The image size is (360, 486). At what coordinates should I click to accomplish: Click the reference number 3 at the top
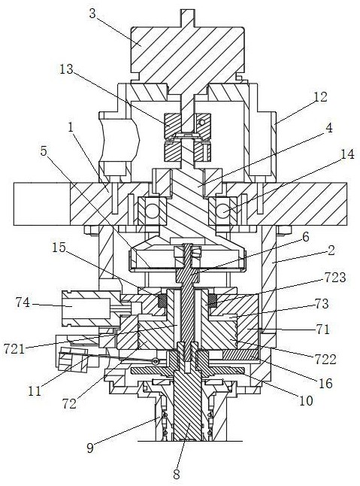tap(92, 14)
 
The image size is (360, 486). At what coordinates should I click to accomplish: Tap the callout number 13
tap(66, 69)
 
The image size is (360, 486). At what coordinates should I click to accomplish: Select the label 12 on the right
tap(320, 97)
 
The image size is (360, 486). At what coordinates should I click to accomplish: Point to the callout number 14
tap(347, 154)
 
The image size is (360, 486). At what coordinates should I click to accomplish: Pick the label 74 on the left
tap(23, 302)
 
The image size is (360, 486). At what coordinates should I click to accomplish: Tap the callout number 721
tap(14, 349)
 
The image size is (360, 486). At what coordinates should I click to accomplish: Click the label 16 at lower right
tap(325, 384)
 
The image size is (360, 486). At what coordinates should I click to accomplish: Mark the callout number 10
tap(306, 401)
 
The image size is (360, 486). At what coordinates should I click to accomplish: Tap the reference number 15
tap(59, 247)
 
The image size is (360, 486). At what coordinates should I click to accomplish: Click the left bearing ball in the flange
tap(153, 211)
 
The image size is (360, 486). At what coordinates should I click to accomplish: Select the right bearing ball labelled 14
tap(223, 211)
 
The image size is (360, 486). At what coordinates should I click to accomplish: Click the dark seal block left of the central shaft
tap(162, 301)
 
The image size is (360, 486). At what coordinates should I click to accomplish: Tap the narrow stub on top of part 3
tap(187, 18)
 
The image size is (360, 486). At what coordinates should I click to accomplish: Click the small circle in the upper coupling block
tap(201, 123)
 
